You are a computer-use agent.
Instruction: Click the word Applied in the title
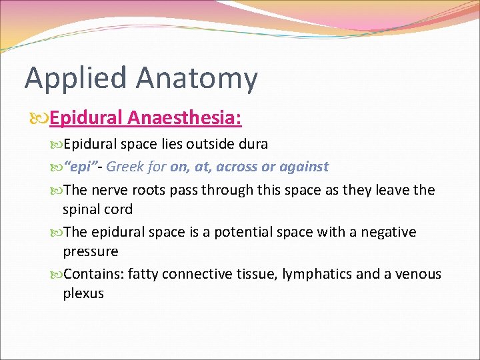(75, 79)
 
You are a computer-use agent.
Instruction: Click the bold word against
(303, 167)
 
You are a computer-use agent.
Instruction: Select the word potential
(248, 232)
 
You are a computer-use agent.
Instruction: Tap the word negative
(389, 232)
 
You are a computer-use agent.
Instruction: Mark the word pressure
(90, 252)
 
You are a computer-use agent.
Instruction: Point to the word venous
(417, 274)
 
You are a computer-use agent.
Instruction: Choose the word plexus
(83, 294)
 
